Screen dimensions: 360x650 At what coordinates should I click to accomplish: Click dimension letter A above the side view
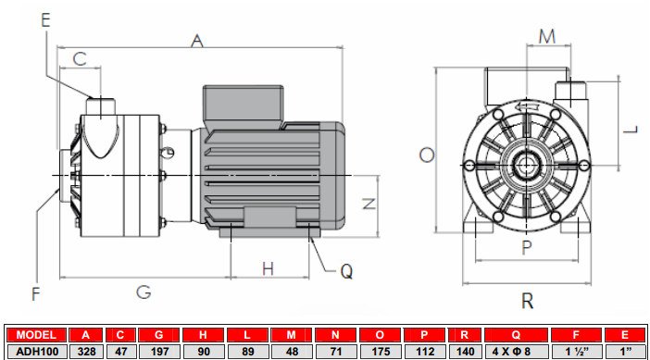click(196, 40)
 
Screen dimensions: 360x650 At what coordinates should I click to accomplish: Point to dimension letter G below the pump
click(144, 292)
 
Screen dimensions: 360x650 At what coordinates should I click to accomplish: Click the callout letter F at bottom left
click(36, 294)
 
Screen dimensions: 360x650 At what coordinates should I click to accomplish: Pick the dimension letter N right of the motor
click(368, 204)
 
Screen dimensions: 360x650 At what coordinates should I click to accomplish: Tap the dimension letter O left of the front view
click(426, 155)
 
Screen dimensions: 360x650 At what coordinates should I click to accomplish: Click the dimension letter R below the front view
click(527, 300)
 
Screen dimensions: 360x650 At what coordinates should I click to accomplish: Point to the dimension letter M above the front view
click(547, 36)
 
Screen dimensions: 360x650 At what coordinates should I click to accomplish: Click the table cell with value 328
click(86, 351)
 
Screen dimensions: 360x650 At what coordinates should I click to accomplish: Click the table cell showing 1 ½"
click(573, 351)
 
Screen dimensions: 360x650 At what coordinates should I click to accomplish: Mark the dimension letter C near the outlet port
click(80, 58)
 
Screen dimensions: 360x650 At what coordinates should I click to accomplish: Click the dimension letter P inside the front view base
click(526, 246)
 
